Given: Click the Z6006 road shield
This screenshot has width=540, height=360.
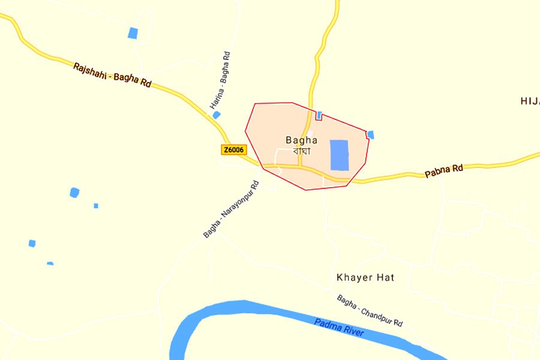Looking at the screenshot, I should point(234,149).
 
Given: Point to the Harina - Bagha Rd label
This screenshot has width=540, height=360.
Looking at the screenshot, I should point(220,80).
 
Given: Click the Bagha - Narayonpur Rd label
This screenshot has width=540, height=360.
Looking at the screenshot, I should point(230,209).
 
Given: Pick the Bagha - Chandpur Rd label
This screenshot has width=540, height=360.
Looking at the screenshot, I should point(370,310).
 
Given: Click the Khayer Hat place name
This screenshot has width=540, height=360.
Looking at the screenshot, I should point(365,277).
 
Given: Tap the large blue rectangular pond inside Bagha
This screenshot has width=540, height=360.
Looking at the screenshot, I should point(339,155).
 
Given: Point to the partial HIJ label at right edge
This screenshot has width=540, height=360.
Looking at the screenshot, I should point(530,101).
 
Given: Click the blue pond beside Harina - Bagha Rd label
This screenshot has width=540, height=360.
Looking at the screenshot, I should point(217,115).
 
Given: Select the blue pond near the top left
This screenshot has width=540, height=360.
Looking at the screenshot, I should point(133,33).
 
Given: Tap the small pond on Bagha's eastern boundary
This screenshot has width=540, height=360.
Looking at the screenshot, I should point(370,135).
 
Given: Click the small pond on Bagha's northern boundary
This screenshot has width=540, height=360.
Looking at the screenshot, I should point(319,115).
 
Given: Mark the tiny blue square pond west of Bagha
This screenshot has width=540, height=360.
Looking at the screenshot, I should point(96,206).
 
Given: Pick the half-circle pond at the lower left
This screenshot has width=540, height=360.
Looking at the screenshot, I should point(50,263).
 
